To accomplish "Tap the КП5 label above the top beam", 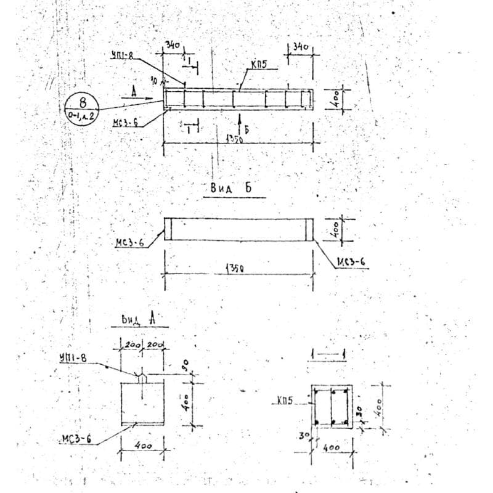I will tap(259, 64).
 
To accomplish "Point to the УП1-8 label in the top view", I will tap(121, 55).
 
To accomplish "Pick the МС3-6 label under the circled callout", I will tap(124, 123).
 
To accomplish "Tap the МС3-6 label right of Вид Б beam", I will tap(351, 263).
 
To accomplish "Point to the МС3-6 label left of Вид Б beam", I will tap(130, 243).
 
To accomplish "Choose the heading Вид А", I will tap(137, 319).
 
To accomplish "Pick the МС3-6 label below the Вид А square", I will tap(77, 439).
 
